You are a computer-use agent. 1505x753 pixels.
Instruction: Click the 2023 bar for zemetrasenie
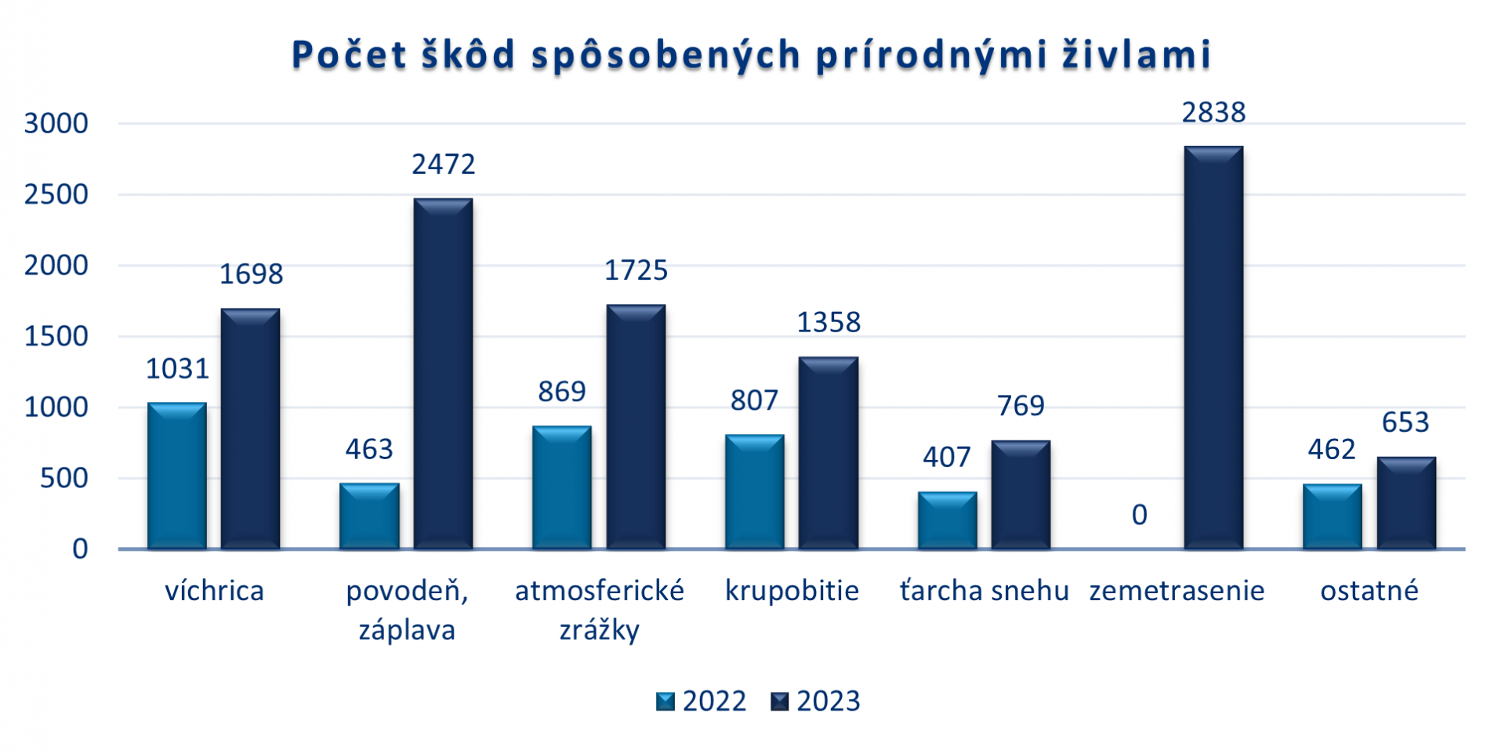pyautogui.click(x=1213, y=348)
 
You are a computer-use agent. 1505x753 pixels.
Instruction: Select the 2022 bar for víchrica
pyautogui.click(x=177, y=476)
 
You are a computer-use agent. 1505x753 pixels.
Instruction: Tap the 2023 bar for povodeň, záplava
pyautogui.click(x=443, y=374)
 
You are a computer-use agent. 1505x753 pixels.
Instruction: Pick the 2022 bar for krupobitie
pyautogui.click(x=754, y=491)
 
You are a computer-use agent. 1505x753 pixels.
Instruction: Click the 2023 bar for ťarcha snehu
pyautogui.click(x=1021, y=494)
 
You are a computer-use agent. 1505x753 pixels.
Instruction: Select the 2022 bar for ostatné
pyautogui.click(x=1332, y=516)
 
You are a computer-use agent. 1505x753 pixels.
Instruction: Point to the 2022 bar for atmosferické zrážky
pyautogui.click(x=561, y=487)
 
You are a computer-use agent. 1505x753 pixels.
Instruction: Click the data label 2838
pyautogui.click(x=1213, y=113)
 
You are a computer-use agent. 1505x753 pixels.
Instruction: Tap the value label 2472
pyautogui.click(x=443, y=165)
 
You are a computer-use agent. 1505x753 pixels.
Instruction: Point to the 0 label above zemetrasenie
pyautogui.click(x=1139, y=515)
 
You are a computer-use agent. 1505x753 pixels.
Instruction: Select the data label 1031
pyautogui.click(x=177, y=369)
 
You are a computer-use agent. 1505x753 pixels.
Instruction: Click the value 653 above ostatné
pyautogui.click(x=1405, y=422)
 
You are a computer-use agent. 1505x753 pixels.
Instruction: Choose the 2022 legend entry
pyautogui.click(x=702, y=701)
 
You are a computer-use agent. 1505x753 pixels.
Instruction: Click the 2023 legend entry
pyautogui.click(x=816, y=701)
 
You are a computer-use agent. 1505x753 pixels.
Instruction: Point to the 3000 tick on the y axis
pyautogui.click(x=56, y=123)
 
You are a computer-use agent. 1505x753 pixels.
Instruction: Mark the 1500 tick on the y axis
pyautogui.click(x=56, y=336)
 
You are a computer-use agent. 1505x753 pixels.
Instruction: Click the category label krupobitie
pyautogui.click(x=792, y=590)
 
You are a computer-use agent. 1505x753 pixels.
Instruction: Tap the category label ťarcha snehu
pyautogui.click(x=984, y=590)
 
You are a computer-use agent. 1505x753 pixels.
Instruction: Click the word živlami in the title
pyautogui.click(x=1137, y=55)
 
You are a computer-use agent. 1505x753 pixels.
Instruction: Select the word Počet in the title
pyautogui.click(x=350, y=55)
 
